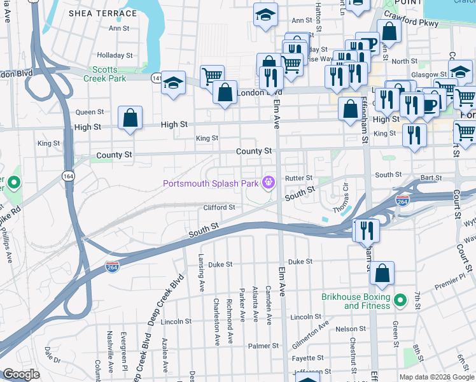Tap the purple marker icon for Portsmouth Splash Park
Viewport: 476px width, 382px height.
tap(269, 183)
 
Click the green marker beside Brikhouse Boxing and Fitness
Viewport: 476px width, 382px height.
tap(400, 299)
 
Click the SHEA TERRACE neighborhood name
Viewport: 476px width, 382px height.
tap(102, 13)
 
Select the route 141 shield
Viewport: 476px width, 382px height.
tap(157, 78)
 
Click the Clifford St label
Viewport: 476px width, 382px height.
tap(219, 207)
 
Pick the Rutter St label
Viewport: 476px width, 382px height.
tap(299, 178)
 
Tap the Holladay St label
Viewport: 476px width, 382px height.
tap(119, 55)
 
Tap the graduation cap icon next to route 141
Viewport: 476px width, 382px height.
tap(172, 83)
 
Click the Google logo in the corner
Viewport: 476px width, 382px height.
tap(21, 374)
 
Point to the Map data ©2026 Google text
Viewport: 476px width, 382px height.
tap(437, 377)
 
